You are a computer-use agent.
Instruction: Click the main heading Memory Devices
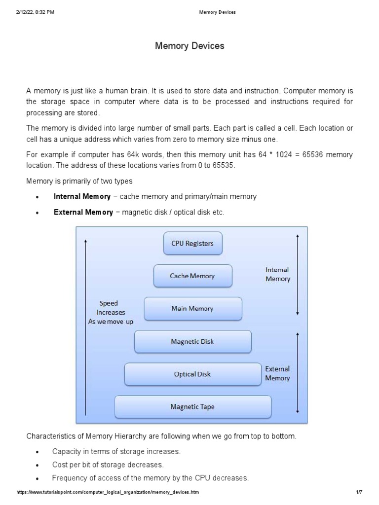click(x=189, y=46)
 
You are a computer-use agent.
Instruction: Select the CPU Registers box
click(x=192, y=244)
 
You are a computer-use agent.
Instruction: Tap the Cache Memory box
click(x=192, y=276)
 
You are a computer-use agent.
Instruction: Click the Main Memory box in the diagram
click(x=192, y=309)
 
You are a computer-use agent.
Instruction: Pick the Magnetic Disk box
click(x=192, y=341)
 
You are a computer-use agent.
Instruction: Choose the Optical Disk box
click(x=192, y=374)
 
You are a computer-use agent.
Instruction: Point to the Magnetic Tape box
click(x=192, y=407)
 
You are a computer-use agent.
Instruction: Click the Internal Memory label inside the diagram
click(x=278, y=274)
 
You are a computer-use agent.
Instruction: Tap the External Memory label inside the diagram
click(x=277, y=373)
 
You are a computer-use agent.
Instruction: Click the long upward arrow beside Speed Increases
click(x=86, y=325)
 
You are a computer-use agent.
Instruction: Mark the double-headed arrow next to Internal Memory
click(x=297, y=274)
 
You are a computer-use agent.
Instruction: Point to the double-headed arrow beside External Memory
click(x=297, y=372)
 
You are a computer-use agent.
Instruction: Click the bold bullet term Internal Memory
click(x=82, y=196)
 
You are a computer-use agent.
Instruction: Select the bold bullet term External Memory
click(x=83, y=213)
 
